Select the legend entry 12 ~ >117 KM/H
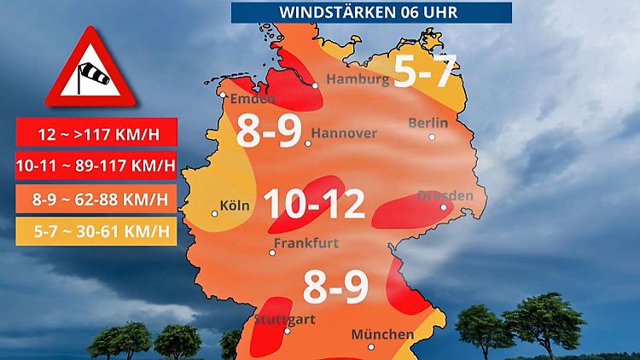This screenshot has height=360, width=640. pyautogui.click(x=96, y=133)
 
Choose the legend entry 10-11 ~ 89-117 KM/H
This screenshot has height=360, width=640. pyautogui.click(x=96, y=165)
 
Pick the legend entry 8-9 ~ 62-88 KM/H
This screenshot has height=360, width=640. pyautogui.click(x=96, y=200)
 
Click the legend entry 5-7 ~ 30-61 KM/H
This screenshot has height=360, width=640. pyautogui.click(x=96, y=231)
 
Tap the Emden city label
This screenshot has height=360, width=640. pyautogui.click(x=252, y=98)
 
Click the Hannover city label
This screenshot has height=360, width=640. pyautogui.click(x=344, y=133)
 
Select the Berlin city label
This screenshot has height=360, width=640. pyautogui.click(x=428, y=123)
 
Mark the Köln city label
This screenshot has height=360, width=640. pyautogui.click(x=234, y=206)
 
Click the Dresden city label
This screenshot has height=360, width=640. pyautogui.click(x=445, y=196)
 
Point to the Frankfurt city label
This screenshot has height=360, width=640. pyautogui.click(x=305, y=243)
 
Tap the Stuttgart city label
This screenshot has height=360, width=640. pyautogui.click(x=285, y=320)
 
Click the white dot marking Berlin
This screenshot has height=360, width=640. pyautogui.click(x=433, y=136)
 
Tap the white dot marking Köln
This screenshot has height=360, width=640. pyautogui.click(x=214, y=213)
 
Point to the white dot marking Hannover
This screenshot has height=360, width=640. pyautogui.click(x=308, y=143)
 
